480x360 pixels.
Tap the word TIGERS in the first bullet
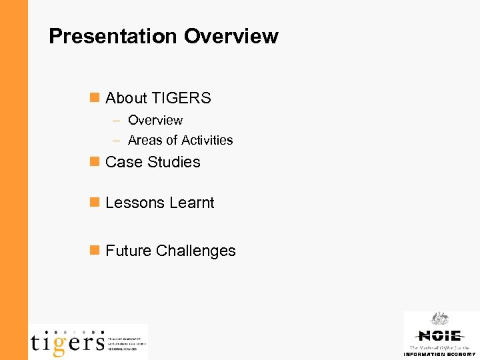click(181, 98)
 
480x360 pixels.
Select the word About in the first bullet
click(126, 98)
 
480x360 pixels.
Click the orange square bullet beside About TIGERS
click(94, 97)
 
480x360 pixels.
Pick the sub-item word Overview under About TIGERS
click(155, 120)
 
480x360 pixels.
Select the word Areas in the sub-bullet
click(145, 140)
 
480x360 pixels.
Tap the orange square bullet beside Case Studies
click(94, 161)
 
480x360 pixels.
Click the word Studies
click(175, 162)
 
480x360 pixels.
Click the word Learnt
click(191, 203)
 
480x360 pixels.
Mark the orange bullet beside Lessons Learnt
click(94, 202)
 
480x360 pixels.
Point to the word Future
click(128, 251)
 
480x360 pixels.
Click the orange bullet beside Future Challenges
click(94, 250)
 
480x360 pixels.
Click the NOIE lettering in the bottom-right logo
click(439, 335)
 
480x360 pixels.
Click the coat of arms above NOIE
click(439, 319)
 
